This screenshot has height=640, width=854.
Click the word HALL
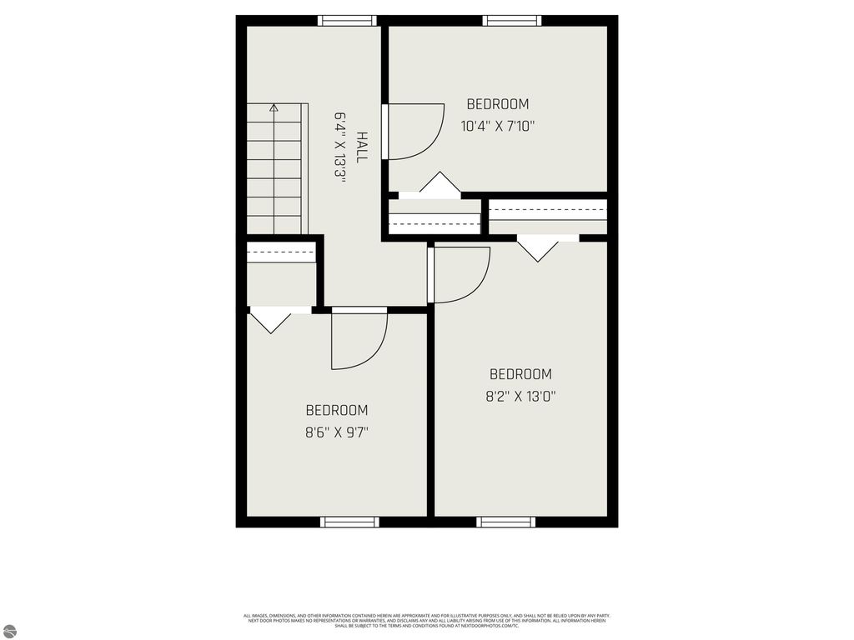pos(362,147)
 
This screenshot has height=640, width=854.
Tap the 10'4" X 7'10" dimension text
pos(497,127)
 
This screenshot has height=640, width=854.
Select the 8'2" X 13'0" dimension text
pos(520,397)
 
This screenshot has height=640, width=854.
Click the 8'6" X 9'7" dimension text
pos(336,432)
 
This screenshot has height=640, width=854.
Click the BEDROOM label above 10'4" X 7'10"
pos(497,104)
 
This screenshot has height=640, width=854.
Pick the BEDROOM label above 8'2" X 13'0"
pos(520,374)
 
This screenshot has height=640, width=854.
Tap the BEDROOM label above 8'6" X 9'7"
pos(336,410)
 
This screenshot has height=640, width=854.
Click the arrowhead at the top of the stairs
pos(274,107)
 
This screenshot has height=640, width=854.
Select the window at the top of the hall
pos(348,21)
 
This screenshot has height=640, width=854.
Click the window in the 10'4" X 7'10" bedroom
pos(512,21)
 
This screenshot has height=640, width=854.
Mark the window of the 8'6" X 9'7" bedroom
pos(350,522)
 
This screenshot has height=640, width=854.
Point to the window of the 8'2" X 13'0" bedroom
pos(505,522)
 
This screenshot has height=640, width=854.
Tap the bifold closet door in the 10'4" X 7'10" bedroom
pos(440,185)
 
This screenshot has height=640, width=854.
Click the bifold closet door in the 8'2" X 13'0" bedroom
pos(539,247)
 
